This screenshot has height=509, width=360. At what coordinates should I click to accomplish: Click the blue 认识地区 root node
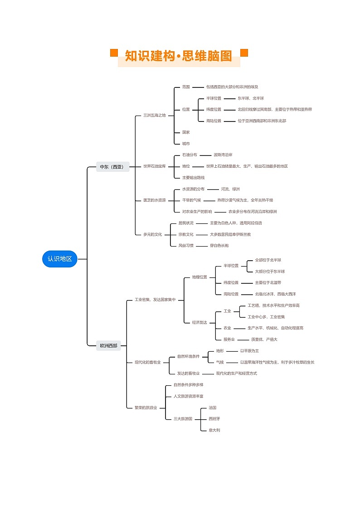[x=59, y=259]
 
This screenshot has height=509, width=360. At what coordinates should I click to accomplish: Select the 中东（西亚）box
[x=112, y=167]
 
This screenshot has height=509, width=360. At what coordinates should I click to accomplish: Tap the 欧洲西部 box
[x=108, y=345]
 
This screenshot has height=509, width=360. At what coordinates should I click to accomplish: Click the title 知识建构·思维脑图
[x=179, y=56]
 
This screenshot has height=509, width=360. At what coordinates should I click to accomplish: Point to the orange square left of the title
[x=114, y=53]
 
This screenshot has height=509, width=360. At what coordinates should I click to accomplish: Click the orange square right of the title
[x=244, y=53]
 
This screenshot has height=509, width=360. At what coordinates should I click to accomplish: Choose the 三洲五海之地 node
[x=155, y=115]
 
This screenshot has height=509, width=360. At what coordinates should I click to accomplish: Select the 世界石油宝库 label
[x=155, y=166]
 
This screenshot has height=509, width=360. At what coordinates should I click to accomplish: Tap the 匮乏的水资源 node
[x=155, y=200]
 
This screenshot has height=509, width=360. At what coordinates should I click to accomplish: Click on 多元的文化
[x=152, y=234]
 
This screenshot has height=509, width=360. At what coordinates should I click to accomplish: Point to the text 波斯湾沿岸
[x=223, y=155]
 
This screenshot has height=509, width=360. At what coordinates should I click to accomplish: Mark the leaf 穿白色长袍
[x=219, y=245]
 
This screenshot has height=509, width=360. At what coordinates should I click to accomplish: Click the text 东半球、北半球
[x=250, y=98]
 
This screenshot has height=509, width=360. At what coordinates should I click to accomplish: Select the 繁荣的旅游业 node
[x=146, y=407]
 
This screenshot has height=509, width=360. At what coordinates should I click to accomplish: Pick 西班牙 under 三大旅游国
[x=214, y=418]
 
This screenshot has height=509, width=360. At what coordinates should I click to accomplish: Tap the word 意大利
[x=214, y=430]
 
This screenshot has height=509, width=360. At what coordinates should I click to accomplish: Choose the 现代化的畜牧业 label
[x=147, y=362]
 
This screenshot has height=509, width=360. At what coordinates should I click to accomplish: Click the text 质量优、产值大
[x=264, y=339]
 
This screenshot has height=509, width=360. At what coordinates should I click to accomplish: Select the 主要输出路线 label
[x=193, y=178]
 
